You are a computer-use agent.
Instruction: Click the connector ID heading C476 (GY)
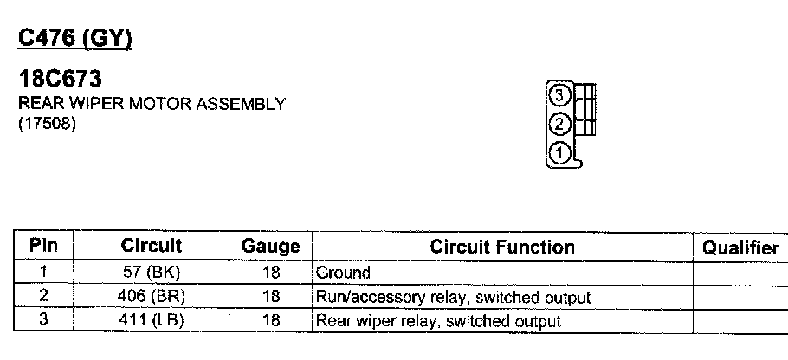tap(74, 39)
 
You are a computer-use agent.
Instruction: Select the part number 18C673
tap(61, 80)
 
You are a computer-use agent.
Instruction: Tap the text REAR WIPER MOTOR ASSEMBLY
tap(152, 105)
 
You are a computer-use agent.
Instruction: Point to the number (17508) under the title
tap(48, 124)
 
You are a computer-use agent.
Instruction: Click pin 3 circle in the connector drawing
tap(559, 95)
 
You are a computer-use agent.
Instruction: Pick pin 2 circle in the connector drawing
tap(559, 124)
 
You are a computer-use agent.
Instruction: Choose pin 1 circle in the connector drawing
tap(559, 153)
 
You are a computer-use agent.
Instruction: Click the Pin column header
tap(43, 246)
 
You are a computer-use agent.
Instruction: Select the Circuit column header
tap(152, 246)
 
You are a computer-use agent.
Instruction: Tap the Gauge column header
tap(270, 247)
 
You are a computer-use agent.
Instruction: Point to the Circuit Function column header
tap(502, 247)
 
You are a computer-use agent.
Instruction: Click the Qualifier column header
tap(740, 247)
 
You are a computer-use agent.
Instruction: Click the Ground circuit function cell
tap(343, 273)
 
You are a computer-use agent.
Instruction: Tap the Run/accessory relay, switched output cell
tap(453, 298)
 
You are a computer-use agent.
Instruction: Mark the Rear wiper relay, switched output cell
tap(438, 321)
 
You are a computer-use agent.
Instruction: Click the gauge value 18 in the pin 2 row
tap(270, 297)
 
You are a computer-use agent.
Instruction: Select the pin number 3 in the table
tap(43, 321)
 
